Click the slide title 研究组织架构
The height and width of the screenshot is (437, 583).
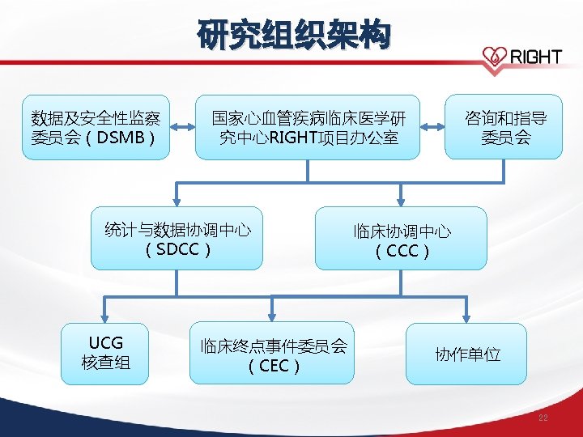[294, 35]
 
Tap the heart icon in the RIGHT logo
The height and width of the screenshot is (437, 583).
[492, 56]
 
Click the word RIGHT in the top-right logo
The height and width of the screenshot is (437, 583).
[534, 57]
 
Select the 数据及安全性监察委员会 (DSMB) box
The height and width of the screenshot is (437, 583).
[96, 127]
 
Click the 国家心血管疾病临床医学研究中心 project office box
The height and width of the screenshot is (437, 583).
[308, 127]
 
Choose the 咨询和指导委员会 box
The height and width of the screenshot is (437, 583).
[504, 127]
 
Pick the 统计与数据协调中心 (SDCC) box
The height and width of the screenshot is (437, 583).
[177, 238]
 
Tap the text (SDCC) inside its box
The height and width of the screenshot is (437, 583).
[177, 248]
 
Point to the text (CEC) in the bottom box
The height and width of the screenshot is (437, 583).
[274, 366]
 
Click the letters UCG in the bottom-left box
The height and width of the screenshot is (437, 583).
[106, 342]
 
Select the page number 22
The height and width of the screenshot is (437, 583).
[543, 418]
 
